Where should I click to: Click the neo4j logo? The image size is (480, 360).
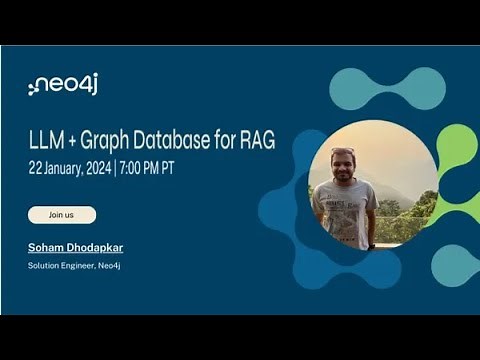tap(63, 85)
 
